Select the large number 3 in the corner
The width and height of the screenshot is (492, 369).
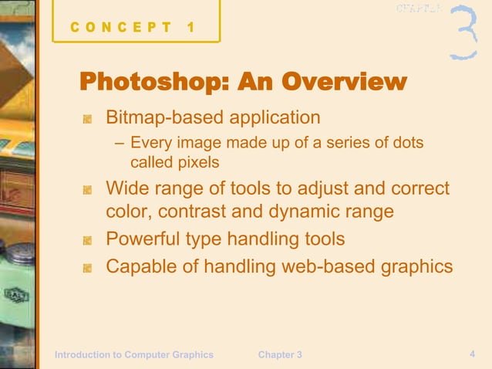click(462, 33)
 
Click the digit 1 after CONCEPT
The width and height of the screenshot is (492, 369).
click(190, 29)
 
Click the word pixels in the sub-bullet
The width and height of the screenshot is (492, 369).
click(198, 163)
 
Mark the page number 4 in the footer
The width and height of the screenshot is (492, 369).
click(471, 354)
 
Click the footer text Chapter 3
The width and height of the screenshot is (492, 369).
click(280, 354)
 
